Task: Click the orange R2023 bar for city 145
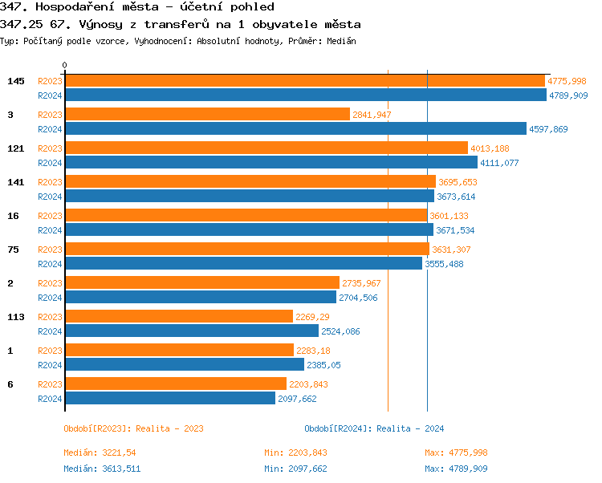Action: [304, 81]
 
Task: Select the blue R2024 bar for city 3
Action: [295, 129]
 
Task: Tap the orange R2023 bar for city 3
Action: [207, 115]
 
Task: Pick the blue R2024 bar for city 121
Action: [270, 163]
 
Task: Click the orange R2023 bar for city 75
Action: [246, 250]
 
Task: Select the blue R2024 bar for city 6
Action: [169, 399]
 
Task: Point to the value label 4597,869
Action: [548, 129]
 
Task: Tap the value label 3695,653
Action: [458, 182]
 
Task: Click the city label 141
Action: [16, 182]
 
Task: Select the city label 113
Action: [16, 317]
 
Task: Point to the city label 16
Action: [13, 216]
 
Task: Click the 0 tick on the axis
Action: [65, 66]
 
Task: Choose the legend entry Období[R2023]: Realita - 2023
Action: [133, 428]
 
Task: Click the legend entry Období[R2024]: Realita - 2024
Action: [374, 428]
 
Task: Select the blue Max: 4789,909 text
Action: [456, 469]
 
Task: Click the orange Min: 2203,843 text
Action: [295, 453]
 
